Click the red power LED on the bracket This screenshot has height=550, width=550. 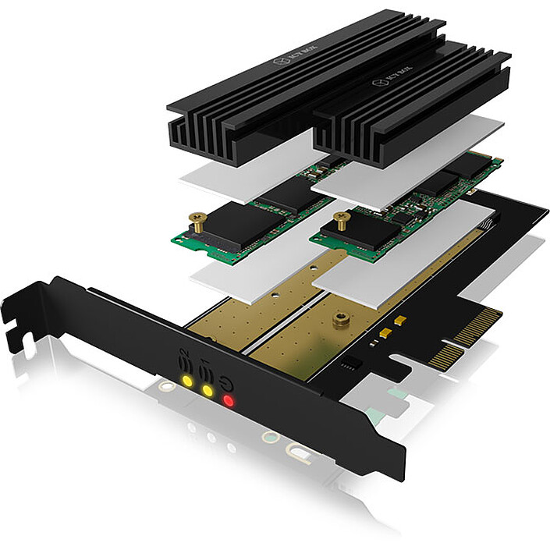point(229,401)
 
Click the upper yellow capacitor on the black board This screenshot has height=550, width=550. point(399,321)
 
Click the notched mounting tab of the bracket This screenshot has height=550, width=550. point(20,312)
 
